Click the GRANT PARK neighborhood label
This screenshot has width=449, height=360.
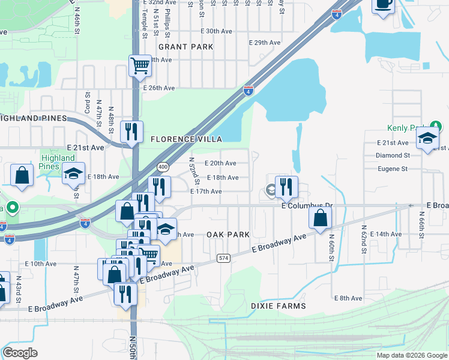177,46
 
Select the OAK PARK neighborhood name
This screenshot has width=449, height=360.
228,235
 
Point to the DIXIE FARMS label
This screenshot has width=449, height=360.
278,306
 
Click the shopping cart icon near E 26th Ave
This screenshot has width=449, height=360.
140,66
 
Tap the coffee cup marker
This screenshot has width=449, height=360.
383,5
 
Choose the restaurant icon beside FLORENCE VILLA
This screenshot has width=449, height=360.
131,131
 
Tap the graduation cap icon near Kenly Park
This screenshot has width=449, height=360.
427,139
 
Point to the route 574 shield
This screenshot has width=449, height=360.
223,257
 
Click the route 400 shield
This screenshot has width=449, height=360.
162,166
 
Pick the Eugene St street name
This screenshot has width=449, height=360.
393,169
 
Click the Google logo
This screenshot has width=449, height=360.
20,353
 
